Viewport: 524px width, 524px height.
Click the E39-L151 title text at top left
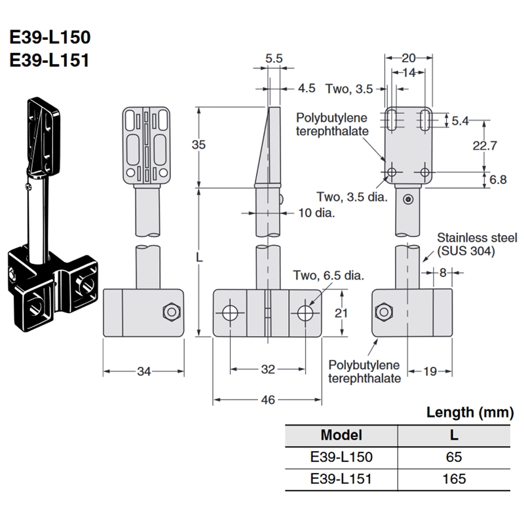click(50, 60)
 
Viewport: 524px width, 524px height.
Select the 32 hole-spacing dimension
click(267, 369)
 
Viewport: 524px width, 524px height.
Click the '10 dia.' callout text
click(317, 213)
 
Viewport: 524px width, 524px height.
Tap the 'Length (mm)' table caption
click(470, 412)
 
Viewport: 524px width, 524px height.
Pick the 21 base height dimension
click(339, 313)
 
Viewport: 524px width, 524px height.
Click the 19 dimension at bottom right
click(429, 372)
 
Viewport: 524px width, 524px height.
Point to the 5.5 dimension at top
click(274, 58)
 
